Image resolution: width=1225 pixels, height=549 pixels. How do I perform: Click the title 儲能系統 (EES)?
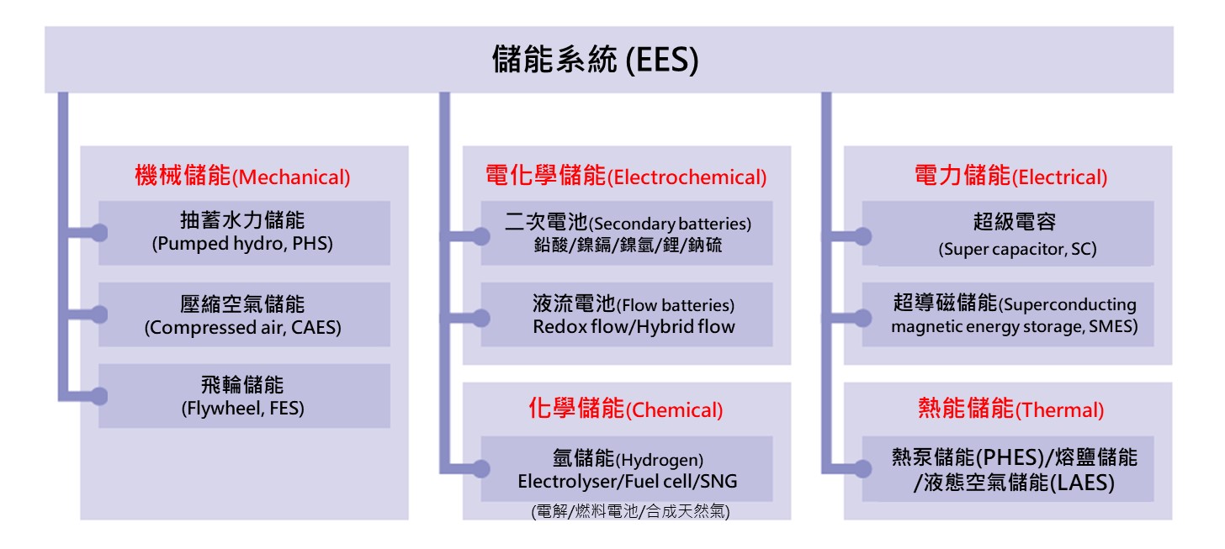coord(595,60)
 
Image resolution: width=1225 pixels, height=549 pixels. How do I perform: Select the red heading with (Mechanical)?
coord(242,176)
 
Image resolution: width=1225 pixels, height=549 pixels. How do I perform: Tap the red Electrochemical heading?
coord(626,176)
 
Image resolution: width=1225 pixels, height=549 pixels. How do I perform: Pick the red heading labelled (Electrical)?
coord(1010,176)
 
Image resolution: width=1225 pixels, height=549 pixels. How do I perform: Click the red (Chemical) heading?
coord(626,409)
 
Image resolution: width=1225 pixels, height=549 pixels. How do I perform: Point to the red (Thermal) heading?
coord(1010,409)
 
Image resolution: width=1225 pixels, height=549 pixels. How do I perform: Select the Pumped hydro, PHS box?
coord(244,233)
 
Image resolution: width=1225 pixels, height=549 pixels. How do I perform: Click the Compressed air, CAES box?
coord(244,314)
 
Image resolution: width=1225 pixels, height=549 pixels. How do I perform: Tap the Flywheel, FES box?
coord(244,396)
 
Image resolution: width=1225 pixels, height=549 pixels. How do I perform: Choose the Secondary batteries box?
coord(627,233)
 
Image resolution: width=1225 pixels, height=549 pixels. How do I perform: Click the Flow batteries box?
coord(627,314)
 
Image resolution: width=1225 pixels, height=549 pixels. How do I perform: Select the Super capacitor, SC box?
coord(1008,233)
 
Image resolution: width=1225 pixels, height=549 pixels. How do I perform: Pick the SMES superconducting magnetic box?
coord(1008,314)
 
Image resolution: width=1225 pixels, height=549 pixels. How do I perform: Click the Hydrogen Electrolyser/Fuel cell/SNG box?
coord(627,468)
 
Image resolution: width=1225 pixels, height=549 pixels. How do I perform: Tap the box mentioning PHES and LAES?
coord(1008,468)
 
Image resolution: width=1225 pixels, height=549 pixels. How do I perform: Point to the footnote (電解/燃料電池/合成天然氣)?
coord(630,511)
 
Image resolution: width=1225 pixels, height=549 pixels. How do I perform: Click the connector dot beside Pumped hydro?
coord(99,233)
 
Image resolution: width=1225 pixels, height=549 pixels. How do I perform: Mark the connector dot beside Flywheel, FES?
coord(99,396)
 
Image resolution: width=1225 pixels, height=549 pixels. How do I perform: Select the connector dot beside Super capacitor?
coord(863,236)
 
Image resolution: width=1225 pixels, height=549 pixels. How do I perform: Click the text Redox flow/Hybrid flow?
coord(634,327)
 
